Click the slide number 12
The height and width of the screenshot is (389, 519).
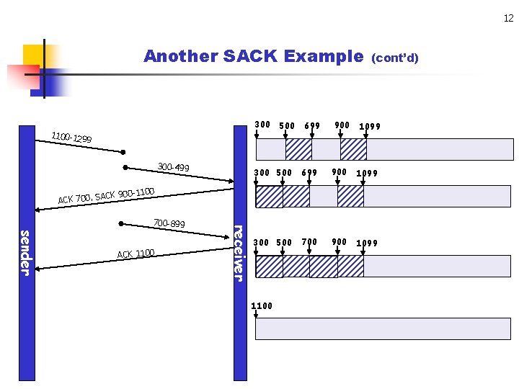coord(509,19)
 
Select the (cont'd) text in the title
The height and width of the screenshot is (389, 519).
coord(394,58)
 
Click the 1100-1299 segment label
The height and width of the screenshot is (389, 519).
coord(71,137)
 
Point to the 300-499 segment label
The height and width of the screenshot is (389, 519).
coord(173,168)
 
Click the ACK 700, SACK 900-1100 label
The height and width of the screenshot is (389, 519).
coord(107,194)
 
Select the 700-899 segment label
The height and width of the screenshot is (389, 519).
coord(169,224)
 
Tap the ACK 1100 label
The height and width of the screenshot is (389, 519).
coord(136,254)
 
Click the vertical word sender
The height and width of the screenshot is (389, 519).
coord(25,252)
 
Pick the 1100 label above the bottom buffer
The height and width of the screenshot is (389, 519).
coord(262,306)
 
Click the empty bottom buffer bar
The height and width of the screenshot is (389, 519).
coord(384,328)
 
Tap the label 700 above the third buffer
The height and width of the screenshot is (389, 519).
coord(309,242)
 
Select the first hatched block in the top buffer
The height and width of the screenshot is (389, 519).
coord(298,149)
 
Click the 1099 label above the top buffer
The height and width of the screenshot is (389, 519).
coord(370,126)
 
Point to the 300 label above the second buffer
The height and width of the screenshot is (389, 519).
coord(262,172)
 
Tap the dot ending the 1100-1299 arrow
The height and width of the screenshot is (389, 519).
coord(123,152)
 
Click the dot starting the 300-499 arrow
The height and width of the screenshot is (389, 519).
coord(125,168)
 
